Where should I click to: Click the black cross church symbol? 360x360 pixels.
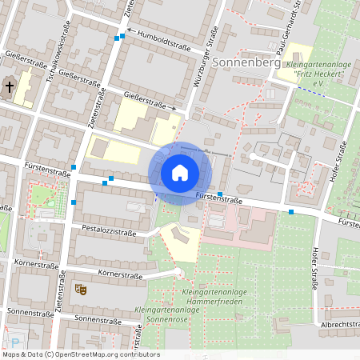10,86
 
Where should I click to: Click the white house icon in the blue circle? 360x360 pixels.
180,173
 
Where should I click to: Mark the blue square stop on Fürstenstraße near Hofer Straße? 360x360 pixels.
291,212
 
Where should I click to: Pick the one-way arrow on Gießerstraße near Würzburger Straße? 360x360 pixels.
172,107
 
